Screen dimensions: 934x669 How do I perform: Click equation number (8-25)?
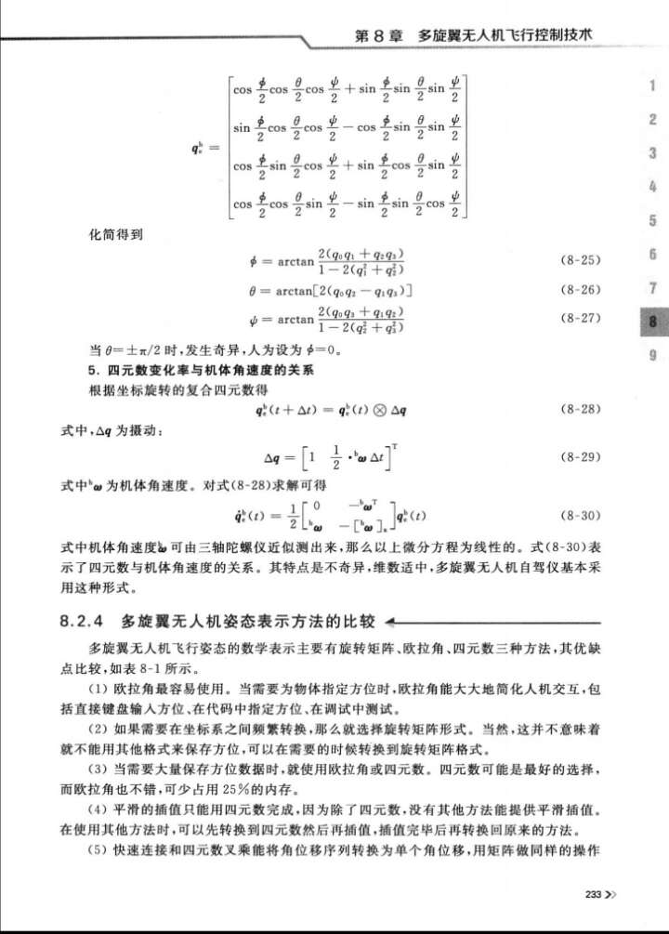582,257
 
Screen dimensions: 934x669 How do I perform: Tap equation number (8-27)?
582,319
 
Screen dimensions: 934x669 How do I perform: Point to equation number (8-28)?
582,409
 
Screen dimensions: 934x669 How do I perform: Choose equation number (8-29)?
582,458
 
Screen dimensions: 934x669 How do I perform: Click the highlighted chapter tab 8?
653,321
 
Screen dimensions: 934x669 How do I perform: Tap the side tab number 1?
653,86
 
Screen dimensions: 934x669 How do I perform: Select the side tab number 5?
653,221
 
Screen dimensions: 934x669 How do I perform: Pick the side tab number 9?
653,354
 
